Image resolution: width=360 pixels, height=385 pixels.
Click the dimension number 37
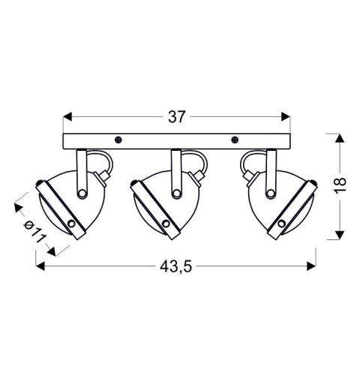pyautogui.click(x=177, y=116)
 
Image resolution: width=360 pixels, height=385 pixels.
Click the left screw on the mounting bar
pyautogui.click(x=118, y=139)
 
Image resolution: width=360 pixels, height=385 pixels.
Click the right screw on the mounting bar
pyautogui.click(x=235, y=139)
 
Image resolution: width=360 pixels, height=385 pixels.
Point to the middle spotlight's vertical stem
pyautogui.click(x=176, y=169)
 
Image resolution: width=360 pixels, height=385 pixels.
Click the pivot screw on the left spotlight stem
pyautogui.click(x=82, y=193)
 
